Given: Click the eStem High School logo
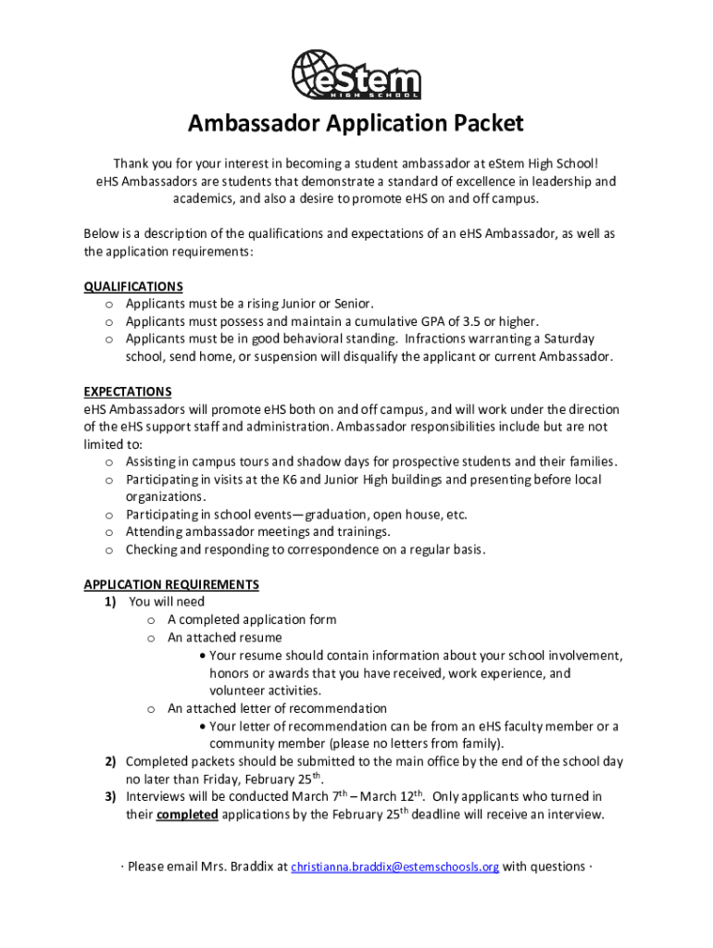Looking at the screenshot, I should (356, 73).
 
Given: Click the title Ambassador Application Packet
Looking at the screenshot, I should (356, 124).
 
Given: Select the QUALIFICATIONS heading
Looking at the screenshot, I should (133, 286).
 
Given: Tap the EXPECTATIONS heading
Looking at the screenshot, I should (128, 392).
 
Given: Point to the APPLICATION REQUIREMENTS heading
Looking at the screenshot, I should (171, 584).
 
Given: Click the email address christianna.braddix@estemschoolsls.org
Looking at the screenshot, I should (395, 867).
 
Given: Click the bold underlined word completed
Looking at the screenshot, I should (187, 815).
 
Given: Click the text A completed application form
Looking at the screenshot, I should (252, 619).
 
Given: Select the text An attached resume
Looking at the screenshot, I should (225, 638).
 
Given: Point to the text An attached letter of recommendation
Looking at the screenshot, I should (277, 708).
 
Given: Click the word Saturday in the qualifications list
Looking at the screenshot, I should (569, 339).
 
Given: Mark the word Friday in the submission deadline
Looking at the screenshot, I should (207, 780).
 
